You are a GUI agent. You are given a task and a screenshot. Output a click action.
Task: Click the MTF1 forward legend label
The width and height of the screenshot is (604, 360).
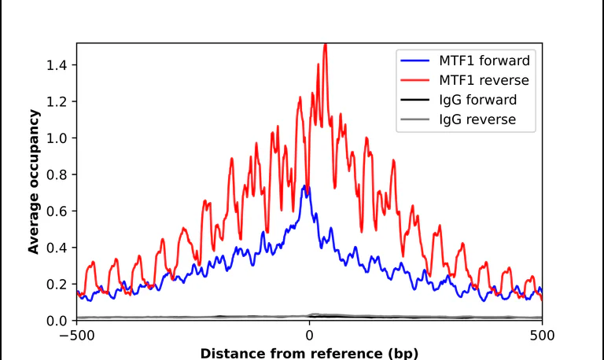(484, 61)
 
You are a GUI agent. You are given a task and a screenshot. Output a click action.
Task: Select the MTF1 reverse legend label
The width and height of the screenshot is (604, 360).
(484, 80)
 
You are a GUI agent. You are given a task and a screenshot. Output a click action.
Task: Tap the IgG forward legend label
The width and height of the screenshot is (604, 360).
(477, 100)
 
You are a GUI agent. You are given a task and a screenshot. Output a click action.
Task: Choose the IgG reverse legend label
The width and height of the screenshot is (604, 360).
(477, 119)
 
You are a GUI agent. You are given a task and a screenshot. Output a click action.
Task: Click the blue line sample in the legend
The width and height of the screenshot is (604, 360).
(415, 61)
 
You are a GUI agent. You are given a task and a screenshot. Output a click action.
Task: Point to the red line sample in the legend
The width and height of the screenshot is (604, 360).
(415, 80)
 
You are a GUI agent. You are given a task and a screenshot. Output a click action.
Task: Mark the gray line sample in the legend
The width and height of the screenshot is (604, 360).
(415, 119)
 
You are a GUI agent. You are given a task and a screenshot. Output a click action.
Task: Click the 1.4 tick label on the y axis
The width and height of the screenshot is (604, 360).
(57, 65)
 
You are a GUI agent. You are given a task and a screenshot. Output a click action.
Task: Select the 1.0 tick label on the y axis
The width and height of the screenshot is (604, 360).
(57, 138)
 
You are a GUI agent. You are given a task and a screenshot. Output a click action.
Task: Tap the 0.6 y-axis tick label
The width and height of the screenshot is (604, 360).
(57, 211)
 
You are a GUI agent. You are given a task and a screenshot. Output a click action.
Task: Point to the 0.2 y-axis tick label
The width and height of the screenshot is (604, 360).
(57, 285)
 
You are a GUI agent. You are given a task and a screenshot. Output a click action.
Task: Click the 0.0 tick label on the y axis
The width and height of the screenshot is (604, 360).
(57, 321)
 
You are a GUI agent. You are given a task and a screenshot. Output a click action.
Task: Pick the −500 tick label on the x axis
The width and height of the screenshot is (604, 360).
(76, 336)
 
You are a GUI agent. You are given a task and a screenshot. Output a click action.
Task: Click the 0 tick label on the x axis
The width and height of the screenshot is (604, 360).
(309, 336)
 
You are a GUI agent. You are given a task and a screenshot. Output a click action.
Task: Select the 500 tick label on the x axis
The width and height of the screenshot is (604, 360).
(542, 336)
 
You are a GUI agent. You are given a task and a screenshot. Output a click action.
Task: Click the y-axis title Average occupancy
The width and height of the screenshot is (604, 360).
(34, 182)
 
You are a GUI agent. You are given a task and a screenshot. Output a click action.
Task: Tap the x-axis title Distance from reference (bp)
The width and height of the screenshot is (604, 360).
(309, 354)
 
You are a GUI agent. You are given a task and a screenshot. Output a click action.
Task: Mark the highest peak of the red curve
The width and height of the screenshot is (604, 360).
(326, 45)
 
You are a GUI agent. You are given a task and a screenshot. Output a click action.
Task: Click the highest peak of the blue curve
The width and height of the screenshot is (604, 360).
(304, 186)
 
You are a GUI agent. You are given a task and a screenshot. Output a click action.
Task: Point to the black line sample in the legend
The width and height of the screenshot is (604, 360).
(415, 100)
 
